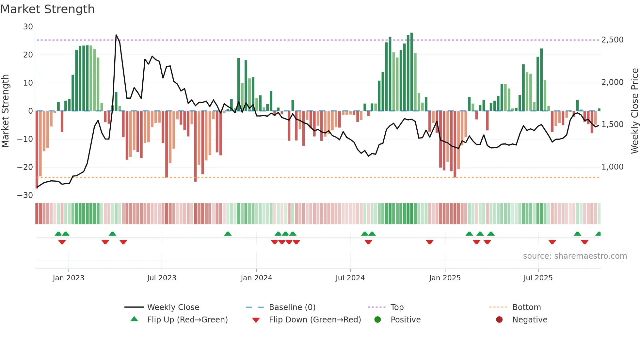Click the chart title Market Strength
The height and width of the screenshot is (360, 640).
click(x=47, y=9)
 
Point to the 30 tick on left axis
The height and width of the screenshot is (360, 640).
click(x=28, y=27)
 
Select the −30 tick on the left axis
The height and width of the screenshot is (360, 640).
click(x=25, y=195)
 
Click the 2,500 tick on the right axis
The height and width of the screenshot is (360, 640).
click(x=612, y=40)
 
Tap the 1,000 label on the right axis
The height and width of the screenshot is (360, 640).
click(x=612, y=167)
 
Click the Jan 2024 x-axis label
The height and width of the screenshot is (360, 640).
click(x=256, y=278)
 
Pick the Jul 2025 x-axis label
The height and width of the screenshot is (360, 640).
click(x=538, y=278)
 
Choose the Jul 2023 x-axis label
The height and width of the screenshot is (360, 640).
click(x=162, y=278)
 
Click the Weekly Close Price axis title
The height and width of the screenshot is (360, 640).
click(x=634, y=111)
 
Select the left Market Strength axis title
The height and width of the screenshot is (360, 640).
click(x=6, y=111)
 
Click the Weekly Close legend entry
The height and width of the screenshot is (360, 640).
click(x=173, y=307)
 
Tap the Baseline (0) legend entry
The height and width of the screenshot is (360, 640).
click(x=292, y=307)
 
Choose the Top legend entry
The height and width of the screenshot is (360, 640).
click(x=397, y=307)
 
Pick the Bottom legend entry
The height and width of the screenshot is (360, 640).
click(x=526, y=307)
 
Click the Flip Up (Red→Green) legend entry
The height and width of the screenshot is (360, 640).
click(x=187, y=320)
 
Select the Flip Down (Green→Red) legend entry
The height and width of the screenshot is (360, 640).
click(x=315, y=320)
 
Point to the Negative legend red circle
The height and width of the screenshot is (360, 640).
click(x=499, y=319)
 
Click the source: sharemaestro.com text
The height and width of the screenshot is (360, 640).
click(x=575, y=256)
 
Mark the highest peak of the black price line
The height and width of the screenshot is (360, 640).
click(x=116, y=35)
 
